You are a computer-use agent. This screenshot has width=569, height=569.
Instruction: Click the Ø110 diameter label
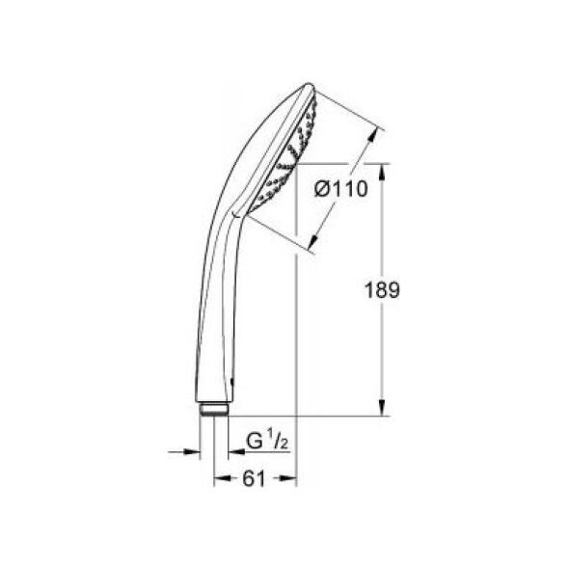point(341,189)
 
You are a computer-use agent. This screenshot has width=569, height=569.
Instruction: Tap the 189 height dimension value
point(382,290)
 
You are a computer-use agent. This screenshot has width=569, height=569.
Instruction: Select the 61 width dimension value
point(254,478)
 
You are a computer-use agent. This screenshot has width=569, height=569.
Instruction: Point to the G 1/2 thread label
point(267,440)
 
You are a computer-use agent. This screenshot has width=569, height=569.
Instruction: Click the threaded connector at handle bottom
point(214,409)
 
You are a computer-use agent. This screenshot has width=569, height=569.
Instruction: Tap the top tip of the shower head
point(310,85)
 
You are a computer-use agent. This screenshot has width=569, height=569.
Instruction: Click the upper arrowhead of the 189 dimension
point(382,172)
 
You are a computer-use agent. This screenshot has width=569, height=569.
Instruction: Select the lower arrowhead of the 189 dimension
point(382,408)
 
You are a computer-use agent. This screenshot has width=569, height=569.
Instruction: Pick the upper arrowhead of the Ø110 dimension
point(372,136)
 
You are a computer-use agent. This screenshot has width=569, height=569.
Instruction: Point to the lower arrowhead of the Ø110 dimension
point(314,242)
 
